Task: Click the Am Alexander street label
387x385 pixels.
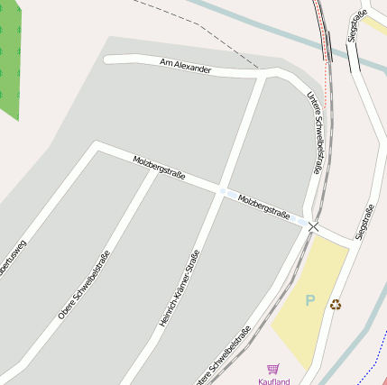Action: pyautogui.click(x=185, y=67)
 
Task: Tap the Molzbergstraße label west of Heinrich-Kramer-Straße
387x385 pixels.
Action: pyautogui.click(x=159, y=167)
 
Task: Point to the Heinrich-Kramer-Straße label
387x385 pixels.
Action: pyautogui.click(x=179, y=288)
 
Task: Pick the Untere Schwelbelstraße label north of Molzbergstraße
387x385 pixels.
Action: pyautogui.click(x=314, y=132)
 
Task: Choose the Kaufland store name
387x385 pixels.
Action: pyautogui.click(x=274, y=380)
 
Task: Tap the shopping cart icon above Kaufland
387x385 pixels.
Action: pyautogui.click(x=273, y=368)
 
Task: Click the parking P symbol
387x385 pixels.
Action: pyautogui.click(x=311, y=300)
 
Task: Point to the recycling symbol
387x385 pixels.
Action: pyautogui.click(x=336, y=305)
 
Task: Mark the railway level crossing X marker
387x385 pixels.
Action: pyautogui.click(x=313, y=225)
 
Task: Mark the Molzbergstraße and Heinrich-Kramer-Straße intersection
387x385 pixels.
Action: pyautogui.click(x=223, y=190)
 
